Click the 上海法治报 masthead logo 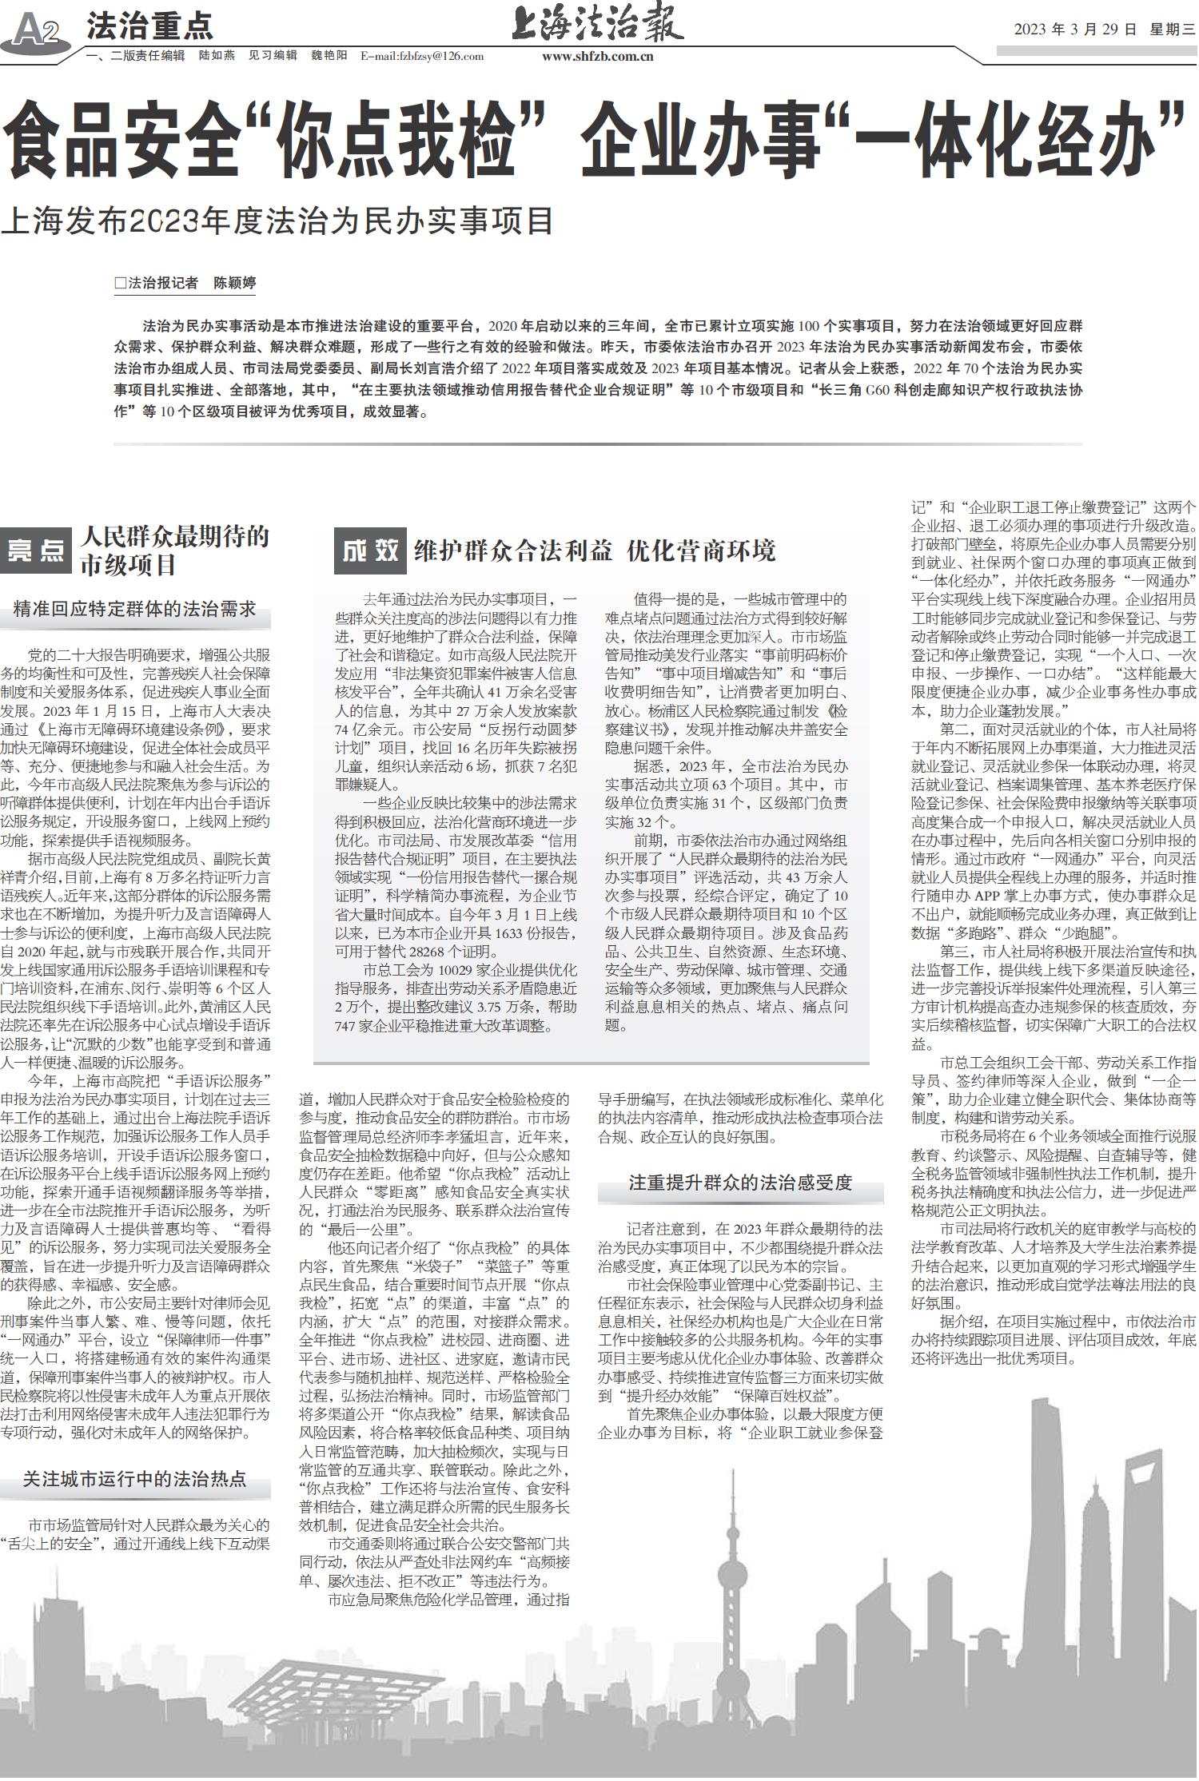tap(597, 23)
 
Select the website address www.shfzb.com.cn tap(597, 56)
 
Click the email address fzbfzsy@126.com tap(422, 56)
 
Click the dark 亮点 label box tap(36, 551)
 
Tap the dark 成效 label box tap(370, 550)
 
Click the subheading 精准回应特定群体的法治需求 tap(135, 610)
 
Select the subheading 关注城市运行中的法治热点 tap(134, 1479)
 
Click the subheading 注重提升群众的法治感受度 tap(740, 1182)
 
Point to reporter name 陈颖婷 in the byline tap(234, 283)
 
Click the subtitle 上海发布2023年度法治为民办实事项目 tap(277, 221)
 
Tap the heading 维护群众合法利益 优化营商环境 tap(595, 551)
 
